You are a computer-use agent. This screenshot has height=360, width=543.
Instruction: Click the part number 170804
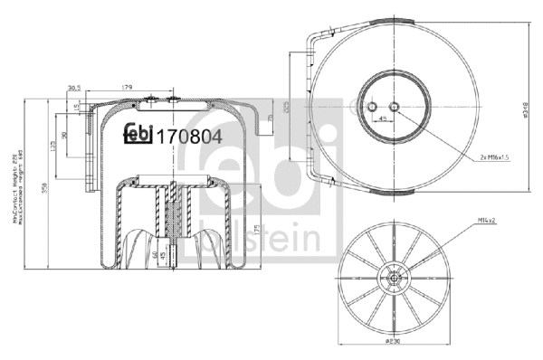189,137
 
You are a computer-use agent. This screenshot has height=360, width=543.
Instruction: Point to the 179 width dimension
127,88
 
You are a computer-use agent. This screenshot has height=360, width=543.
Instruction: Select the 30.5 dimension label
75,88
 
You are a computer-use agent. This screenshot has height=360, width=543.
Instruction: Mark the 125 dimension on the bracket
54,149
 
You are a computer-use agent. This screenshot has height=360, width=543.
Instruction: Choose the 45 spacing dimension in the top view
383,118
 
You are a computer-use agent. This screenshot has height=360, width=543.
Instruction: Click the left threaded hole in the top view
372,109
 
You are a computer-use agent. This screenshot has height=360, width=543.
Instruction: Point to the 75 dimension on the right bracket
270,118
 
